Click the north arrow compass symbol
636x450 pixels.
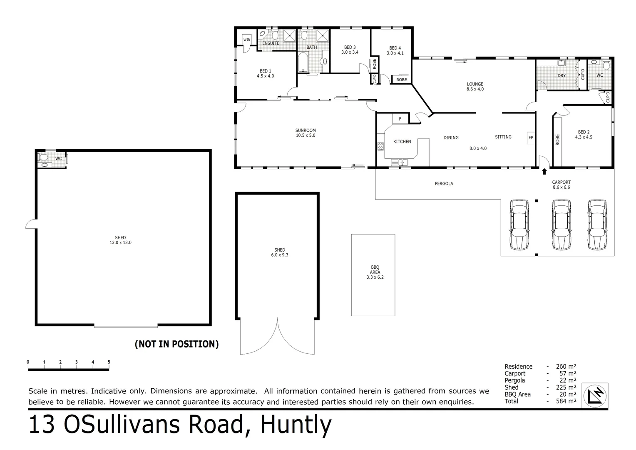pyautogui.click(x=596, y=395)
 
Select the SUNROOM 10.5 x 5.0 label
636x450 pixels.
pyautogui.click(x=306, y=133)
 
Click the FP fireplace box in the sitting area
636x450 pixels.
pyautogui.click(x=531, y=137)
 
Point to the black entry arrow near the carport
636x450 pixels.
pyautogui.click(x=544, y=171)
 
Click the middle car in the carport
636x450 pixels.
pyautogui.click(x=561, y=225)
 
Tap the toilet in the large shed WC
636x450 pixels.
pyautogui.click(x=43, y=158)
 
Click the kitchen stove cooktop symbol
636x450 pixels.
pyautogui.click(x=380, y=146)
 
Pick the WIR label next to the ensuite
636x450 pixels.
pyautogui.click(x=247, y=40)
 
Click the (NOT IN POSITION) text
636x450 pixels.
pyautogui.click(x=176, y=344)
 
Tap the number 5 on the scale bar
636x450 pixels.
pyautogui.click(x=109, y=362)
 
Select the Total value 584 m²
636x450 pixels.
pyautogui.click(x=566, y=401)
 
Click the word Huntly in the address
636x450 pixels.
pyautogui.click(x=296, y=425)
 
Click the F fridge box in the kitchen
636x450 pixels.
pyautogui.click(x=400, y=119)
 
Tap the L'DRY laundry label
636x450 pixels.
pyautogui.click(x=560, y=76)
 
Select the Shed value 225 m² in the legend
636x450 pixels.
pyautogui.click(x=566, y=387)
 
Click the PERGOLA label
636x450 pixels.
pyautogui.click(x=444, y=183)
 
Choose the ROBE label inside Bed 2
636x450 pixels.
pyautogui.click(x=557, y=140)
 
